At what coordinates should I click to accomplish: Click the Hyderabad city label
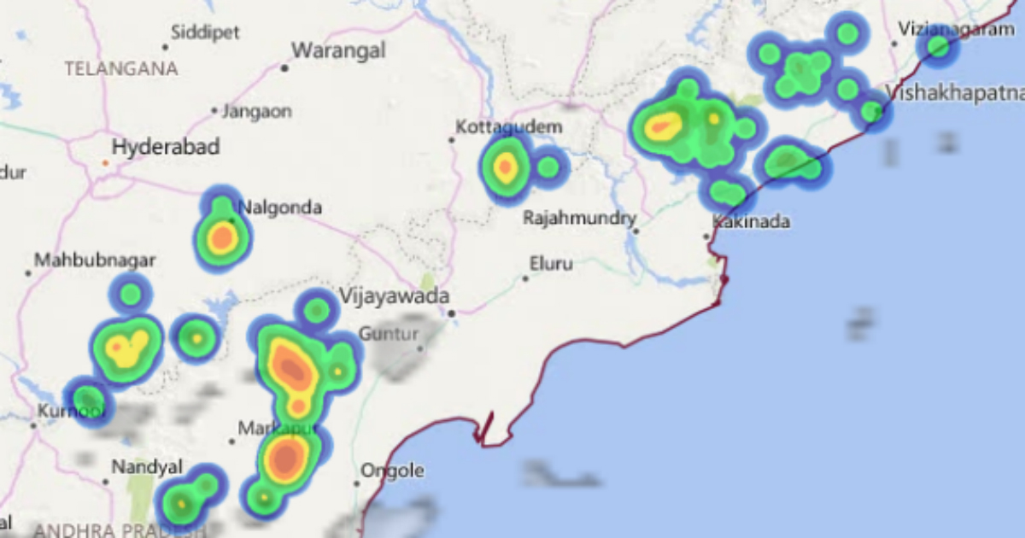coord(166,147)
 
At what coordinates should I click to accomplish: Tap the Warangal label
coord(338,50)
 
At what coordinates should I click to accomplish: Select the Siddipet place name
coord(205,33)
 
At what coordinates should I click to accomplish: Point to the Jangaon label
coord(256,111)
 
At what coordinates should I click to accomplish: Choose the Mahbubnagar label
coord(84,259)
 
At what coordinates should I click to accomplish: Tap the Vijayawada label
coord(394,297)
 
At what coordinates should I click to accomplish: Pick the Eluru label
coord(551,264)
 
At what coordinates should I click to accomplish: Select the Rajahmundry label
coord(580,219)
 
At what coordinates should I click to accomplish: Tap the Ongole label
coord(392,471)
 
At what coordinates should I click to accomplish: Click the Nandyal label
coord(147,467)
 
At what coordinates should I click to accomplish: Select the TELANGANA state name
coord(121,69)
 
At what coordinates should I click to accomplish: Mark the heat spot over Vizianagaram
coord(938,46)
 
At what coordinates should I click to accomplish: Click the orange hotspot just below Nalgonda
coord(222,238)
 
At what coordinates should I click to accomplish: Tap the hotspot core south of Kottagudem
coord(505,167)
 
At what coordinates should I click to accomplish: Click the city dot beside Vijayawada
coord(452,313)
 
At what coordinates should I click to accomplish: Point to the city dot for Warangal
coord(284,67)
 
